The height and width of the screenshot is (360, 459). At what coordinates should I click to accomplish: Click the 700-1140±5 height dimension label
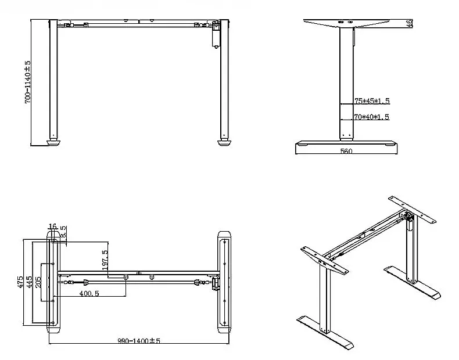coord(27,82)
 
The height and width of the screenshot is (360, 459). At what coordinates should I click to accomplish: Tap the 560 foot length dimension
coord(347,151)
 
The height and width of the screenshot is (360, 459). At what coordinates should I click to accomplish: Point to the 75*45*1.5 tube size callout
coord(371,101)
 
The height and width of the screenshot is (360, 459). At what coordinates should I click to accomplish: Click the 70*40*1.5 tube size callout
coord(371,117)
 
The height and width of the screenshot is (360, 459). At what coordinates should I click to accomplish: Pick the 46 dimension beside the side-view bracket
coord(410,24)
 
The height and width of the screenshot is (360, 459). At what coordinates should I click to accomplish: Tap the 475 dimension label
coord(20,282)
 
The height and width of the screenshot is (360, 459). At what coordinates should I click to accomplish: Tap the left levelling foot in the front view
coord(53,141)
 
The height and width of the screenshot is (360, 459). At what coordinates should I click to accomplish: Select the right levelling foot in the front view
coord(224,141)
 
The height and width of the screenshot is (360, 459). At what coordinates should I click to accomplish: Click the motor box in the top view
coord(216,283)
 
